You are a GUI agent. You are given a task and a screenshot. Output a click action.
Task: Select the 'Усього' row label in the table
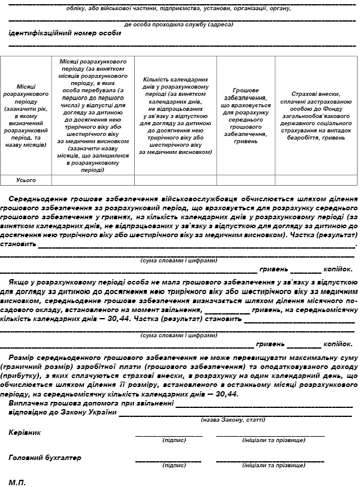pyautogui.click(x=26, y=180)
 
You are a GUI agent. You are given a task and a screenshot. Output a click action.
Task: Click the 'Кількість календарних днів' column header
pyautogui.click(x=176, y=115)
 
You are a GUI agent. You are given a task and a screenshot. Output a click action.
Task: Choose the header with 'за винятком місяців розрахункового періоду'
pyautogui.click(x=93, y=115)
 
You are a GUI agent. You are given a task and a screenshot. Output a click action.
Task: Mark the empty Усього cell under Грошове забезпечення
pyautogui.click(x=246, y=180)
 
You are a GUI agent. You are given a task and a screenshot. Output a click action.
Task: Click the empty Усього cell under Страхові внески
pyautogui.click(x=316, y=180)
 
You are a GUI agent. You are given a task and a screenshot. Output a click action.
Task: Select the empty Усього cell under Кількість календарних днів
pyautogui.click(x=176, y=180)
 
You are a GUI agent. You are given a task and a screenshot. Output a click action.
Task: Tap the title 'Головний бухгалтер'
pyautogui.click(x=45, y=458)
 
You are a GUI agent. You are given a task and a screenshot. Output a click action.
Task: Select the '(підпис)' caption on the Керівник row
pyautogui.click(x=174, y=440)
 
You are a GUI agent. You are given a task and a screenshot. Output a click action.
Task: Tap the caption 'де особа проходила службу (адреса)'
pyautogui.click(x=179, y=25)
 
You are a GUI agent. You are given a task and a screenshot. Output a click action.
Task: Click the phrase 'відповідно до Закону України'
pyautogui.click(x=62, y=412)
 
